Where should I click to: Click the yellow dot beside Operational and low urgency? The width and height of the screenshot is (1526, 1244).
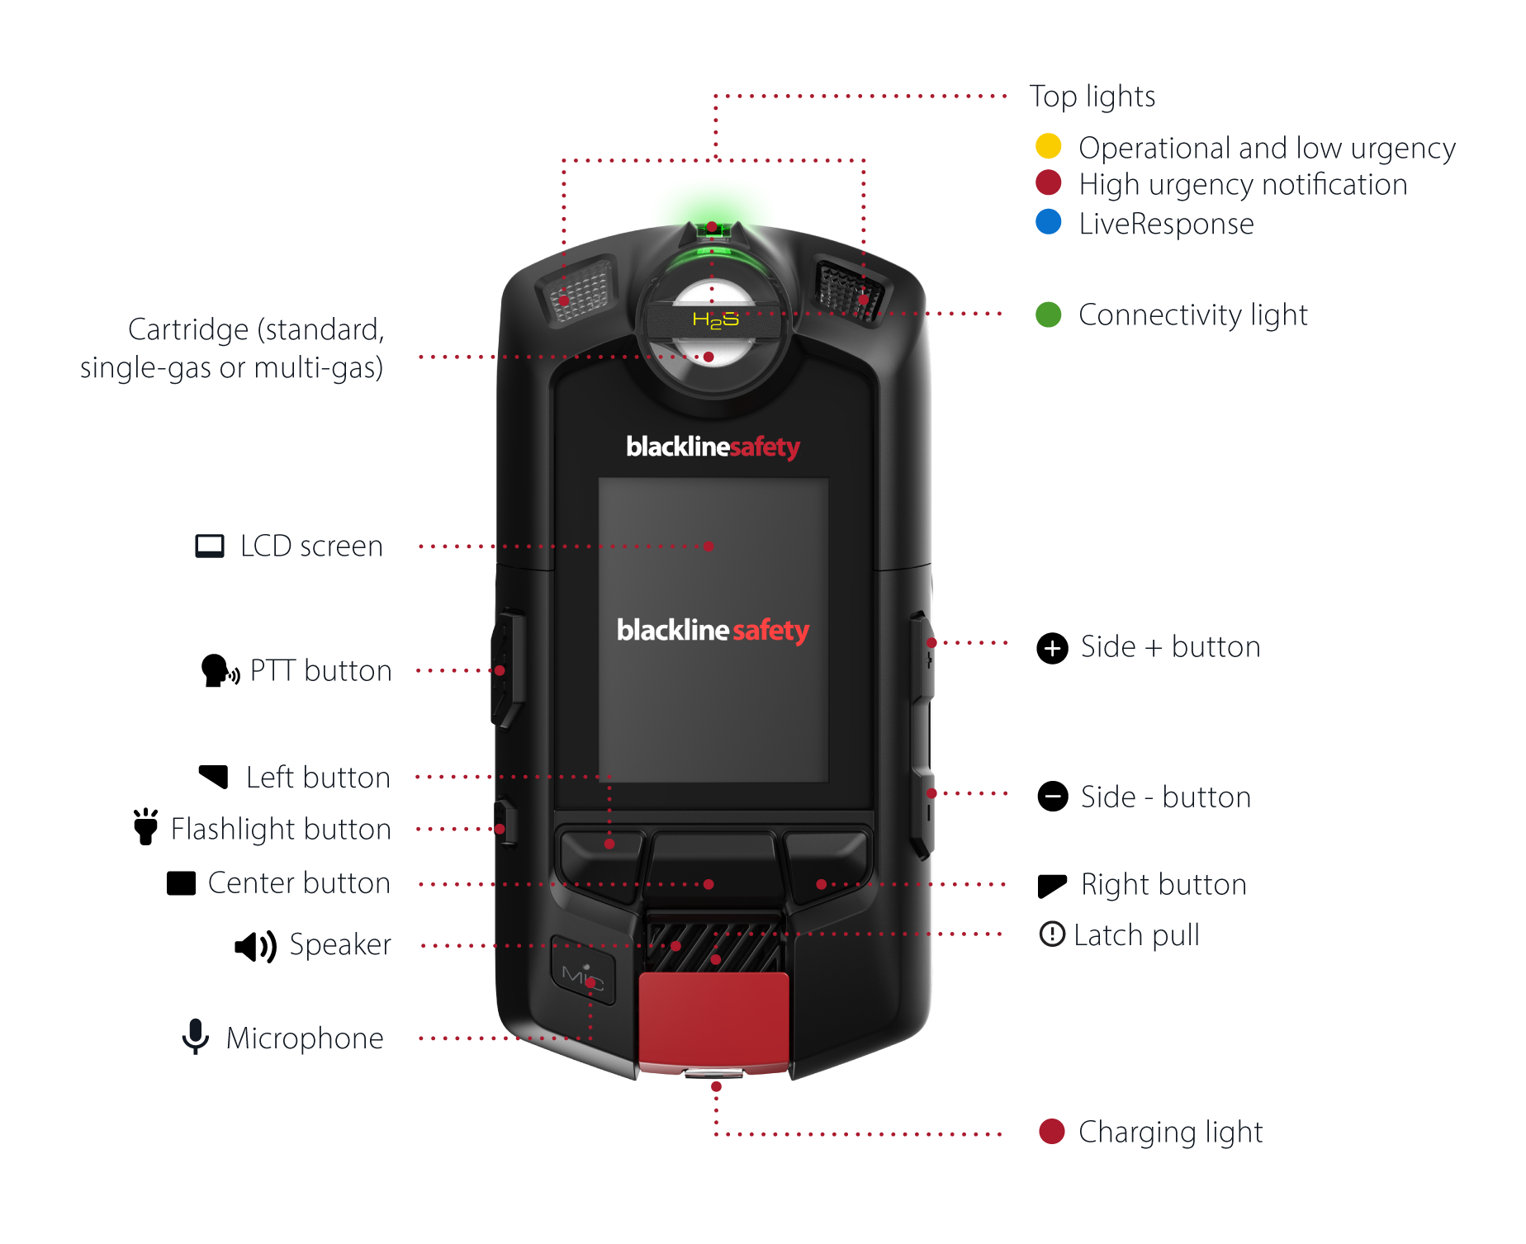coord(1048,146)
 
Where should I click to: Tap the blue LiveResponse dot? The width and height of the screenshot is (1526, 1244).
coord(1048,222)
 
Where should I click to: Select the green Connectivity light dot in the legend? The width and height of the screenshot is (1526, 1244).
coord(1048,315)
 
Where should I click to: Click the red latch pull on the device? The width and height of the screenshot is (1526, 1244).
coord(713,1020)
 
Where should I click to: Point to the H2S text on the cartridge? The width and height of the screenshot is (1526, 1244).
coord(715,319)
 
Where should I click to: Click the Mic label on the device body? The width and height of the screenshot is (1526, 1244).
coord(582,977)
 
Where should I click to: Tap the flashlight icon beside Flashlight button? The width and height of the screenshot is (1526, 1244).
coord(146,827)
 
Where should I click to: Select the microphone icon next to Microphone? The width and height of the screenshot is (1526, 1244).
coord(195,1037)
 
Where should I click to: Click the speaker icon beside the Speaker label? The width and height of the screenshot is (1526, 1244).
coord(255,946)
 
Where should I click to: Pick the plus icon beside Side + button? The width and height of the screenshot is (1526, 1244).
coord(1052,648)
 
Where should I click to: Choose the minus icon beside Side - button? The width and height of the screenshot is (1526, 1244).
coord(1052,797)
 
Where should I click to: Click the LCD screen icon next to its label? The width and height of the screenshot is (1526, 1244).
coord(210,546)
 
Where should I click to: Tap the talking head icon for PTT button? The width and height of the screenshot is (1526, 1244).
coord(219,671)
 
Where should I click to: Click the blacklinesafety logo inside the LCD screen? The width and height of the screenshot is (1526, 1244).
coord(713,631)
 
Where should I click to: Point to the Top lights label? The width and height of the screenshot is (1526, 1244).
coord(1092,97)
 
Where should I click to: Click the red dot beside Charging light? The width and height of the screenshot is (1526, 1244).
coord(1051,1132)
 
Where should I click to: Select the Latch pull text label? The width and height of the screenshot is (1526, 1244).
coord(1136,935)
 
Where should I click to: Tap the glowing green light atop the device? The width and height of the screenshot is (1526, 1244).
coord(712,229)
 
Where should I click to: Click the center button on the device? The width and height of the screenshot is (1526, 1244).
coord(713,868)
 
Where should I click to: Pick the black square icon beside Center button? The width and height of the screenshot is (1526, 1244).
coord(181,883)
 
